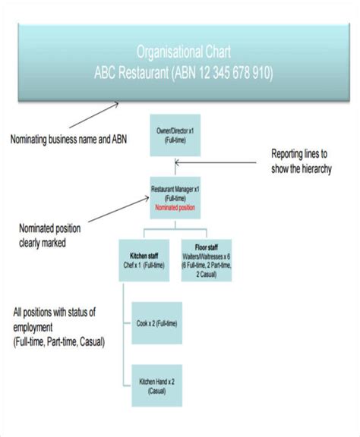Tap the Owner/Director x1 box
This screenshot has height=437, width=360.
175,136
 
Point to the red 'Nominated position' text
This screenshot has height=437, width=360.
175,207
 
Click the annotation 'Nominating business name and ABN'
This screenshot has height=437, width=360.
69,139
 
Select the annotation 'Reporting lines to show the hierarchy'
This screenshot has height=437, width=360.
302,161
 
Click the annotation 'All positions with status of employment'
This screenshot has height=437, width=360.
65,319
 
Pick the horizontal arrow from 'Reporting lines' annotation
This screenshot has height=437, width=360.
220,161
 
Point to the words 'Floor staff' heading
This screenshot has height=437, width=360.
207,248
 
